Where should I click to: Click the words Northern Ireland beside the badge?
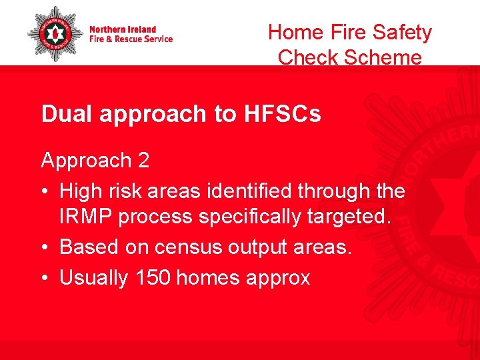123,29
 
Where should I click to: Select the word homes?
213,277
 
